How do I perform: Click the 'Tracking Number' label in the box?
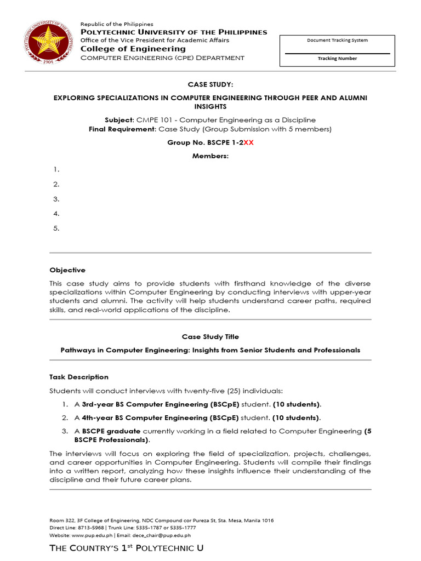tap(337, 59)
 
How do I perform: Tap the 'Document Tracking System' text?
tap(337, 41)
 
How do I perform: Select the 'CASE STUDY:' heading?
tap(210, 84)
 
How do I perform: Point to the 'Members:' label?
tap(210, 156)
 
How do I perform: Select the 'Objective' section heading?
tap(67, 270)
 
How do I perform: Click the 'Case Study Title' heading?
tap(210, 337)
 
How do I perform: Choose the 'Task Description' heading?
tap(79, 377)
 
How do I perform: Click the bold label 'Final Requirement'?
tap(122, 129)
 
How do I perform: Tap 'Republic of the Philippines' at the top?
tap(117, 24)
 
